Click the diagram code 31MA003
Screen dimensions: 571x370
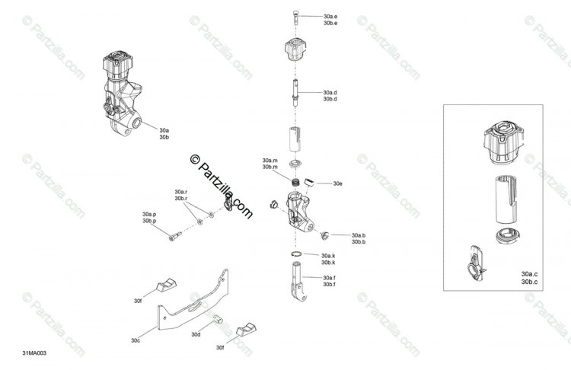tap(34, 353)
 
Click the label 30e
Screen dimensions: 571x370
tap(337, 183)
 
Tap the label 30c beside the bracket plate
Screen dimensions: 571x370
tap(136, 340)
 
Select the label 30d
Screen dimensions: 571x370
tap(196, 334)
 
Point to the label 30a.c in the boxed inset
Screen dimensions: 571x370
tap(529, 274)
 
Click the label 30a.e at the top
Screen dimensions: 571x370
tap(330, 17)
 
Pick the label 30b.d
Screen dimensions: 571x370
tap(330, 99)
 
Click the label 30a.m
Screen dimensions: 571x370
tap(270, 160)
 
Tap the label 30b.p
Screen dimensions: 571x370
tap(149, 221)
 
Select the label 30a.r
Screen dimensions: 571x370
tap(181, 192)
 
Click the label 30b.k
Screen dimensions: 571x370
tap(328, 263)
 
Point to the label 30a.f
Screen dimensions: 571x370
tap(329, 277)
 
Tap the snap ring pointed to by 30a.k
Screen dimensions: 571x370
tap(296, 254)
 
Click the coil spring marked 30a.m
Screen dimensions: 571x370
tap(297, 181)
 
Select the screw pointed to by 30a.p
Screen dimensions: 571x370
tap(175, 236)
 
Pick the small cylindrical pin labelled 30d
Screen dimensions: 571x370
tap(218, 319)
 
